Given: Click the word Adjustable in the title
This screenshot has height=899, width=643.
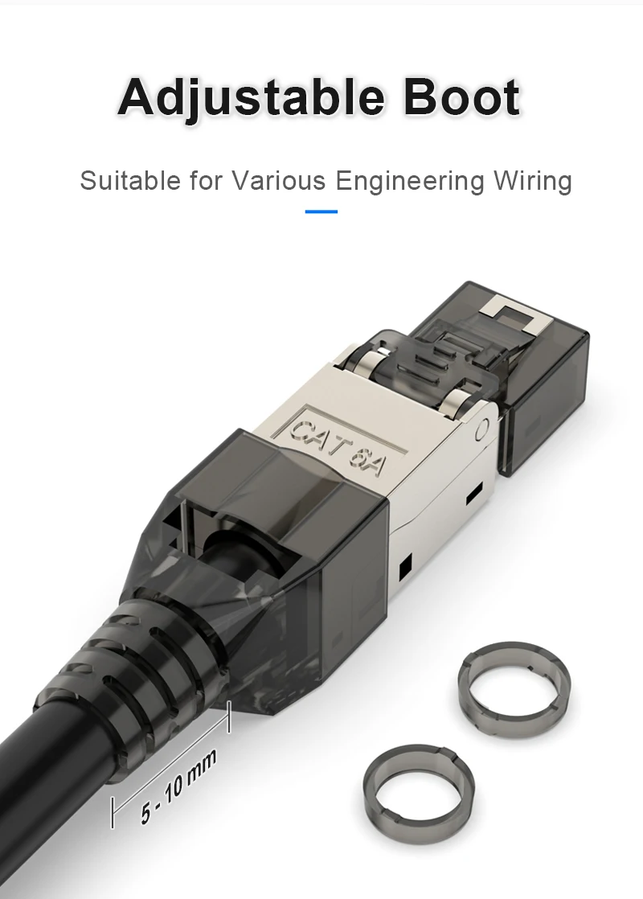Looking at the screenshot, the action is click(x=250, y=98).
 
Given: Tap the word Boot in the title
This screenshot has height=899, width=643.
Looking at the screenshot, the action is click(x=462, y=96).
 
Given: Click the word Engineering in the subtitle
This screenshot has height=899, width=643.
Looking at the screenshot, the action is click(x=410, y=181).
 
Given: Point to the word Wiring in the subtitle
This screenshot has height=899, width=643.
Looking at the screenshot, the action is click(x=533, y=181).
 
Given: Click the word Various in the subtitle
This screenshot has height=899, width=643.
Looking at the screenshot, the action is click(x=279, y=180).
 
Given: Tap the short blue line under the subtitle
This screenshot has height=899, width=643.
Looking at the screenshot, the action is click(x=321, y=211).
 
